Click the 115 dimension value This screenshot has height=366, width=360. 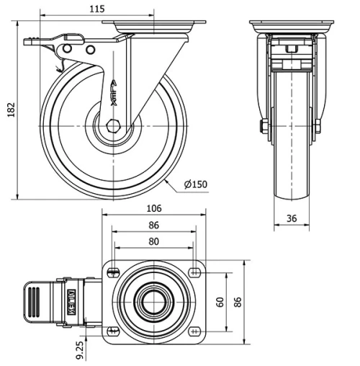(98, 9)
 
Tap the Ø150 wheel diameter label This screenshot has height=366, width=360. (195, 184)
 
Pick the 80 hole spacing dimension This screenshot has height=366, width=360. (154, 242)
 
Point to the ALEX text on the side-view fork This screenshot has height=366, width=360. (113, 93)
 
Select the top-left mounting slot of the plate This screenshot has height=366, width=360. (113, 271)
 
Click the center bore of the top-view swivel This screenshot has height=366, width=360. (154, 300)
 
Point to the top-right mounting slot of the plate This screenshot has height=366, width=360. (195, 271)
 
